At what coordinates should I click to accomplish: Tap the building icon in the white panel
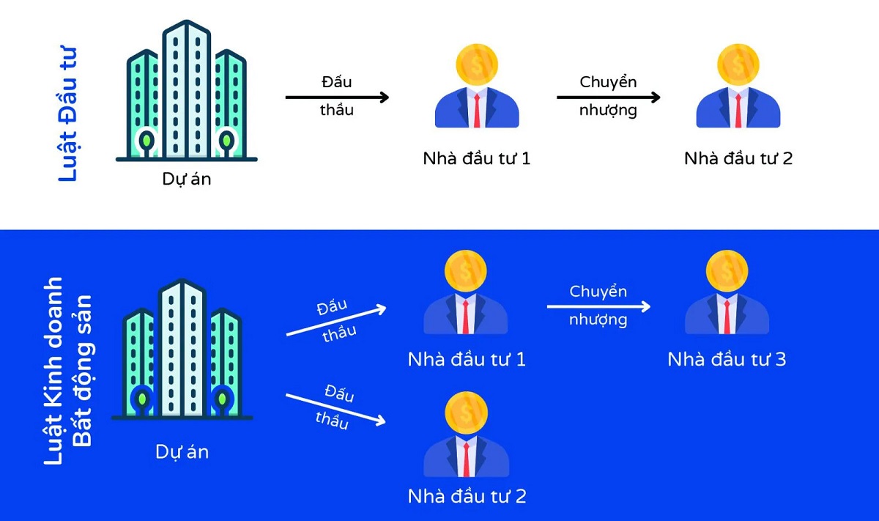point(187,92)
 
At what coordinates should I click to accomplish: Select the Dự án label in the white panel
point(186,178)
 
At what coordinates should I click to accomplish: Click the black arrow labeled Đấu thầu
point(337,97)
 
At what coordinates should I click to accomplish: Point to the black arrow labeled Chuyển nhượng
point(608,97)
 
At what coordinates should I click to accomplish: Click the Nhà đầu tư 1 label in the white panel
point(476,158)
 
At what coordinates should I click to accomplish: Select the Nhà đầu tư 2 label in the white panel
point(738,158)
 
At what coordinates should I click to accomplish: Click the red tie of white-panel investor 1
point(477,110)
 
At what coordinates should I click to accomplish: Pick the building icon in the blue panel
point(182,350)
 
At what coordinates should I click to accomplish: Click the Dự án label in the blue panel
point(182,451)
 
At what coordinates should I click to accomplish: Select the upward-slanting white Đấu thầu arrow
point(335,321)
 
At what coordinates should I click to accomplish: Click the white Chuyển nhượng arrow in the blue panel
point(598,306)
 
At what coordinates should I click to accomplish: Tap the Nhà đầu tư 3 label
point(727,360)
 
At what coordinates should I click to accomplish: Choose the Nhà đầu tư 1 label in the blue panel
point(467,360)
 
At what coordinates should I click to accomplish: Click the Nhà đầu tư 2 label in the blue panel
point(467,496)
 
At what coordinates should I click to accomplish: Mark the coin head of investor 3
point(727,270)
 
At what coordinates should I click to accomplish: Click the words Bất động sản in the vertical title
point(83,370)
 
